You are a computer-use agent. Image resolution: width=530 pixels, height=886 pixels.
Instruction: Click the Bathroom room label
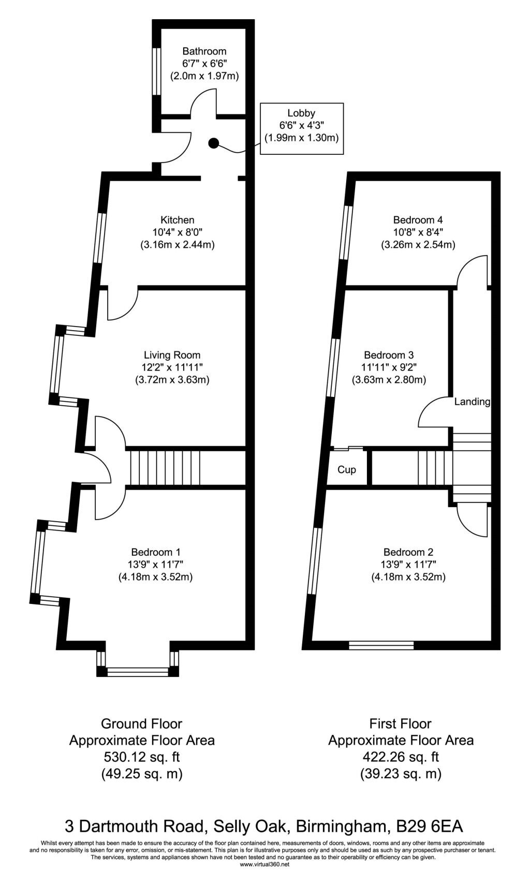click(204, 51)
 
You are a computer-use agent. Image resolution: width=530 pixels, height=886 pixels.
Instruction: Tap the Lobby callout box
click(301, 128)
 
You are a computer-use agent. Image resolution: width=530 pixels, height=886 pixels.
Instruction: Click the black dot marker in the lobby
click(214, 143)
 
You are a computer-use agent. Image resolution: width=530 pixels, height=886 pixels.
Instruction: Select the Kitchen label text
click(177, 220)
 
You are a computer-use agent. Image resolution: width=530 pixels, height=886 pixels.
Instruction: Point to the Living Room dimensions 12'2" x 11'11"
click(172, 367)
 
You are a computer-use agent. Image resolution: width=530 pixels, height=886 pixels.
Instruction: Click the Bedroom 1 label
click(156, 552)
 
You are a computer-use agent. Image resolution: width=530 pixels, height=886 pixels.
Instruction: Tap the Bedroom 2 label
click(408, 552)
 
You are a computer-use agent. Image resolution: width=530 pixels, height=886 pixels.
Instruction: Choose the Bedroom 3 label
click(389, 355)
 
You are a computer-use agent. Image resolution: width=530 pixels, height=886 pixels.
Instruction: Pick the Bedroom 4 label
click(418, 220)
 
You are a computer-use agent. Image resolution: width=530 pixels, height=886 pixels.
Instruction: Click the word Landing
click(472, 402)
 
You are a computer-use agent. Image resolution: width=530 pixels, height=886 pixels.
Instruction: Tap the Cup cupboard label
click(346, 469)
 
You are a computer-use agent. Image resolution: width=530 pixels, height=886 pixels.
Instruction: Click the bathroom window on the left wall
click(157, 71)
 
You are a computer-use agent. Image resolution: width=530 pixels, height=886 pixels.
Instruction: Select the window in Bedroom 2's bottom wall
click(381, 645)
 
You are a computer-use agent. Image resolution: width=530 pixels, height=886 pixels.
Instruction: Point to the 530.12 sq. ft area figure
click(142, 757)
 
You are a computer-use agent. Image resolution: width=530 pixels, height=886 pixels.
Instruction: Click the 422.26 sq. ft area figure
click(401, 757)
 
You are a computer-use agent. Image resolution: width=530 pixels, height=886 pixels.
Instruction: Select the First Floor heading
click(400, 723)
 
